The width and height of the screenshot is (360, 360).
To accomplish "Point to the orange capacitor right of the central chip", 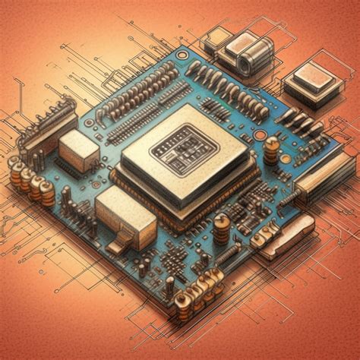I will [x=271, y=149].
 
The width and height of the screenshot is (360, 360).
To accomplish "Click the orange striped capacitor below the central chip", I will [x=221, y=228].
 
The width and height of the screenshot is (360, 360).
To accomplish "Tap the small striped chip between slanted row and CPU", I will [x=214, y=111].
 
